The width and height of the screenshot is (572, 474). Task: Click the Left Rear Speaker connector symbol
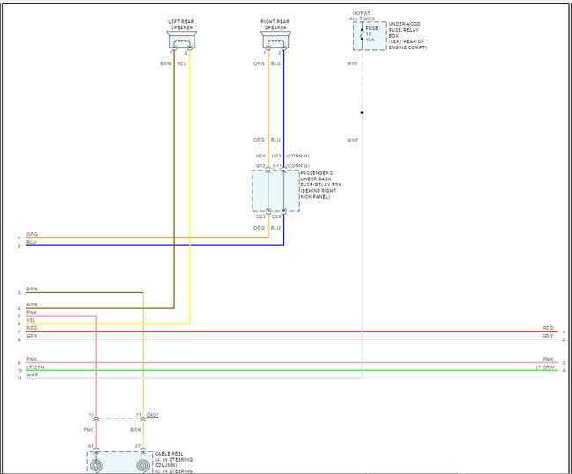(x=183, y=40)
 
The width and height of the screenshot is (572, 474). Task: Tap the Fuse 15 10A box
(x=370, y=36)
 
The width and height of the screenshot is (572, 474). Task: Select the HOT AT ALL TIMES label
(x=361, y=15)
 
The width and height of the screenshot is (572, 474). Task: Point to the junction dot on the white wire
(x=362, y=113)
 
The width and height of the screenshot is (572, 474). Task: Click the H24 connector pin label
(x=260, y=157)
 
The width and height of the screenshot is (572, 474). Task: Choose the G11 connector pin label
(x=276, y=165)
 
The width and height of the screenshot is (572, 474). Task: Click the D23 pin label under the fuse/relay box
(x=260, y=216)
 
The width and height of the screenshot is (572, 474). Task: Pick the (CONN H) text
(x=298, y=157)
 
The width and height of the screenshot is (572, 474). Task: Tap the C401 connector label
(x=153, y=414)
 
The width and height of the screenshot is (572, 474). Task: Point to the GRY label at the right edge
(x=547, y=336)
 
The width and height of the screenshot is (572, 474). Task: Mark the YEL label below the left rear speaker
(x=181, y=63)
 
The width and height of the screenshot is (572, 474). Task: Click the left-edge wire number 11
(x=19, y=377)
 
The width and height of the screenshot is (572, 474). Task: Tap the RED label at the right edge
(x=547, y=328)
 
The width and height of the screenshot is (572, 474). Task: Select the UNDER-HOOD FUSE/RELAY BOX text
(x=408, y=35)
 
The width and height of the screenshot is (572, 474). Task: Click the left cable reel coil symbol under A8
(x=95, y=463)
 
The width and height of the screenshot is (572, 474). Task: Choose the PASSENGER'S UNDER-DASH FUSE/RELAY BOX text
(x=320, y=185)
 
